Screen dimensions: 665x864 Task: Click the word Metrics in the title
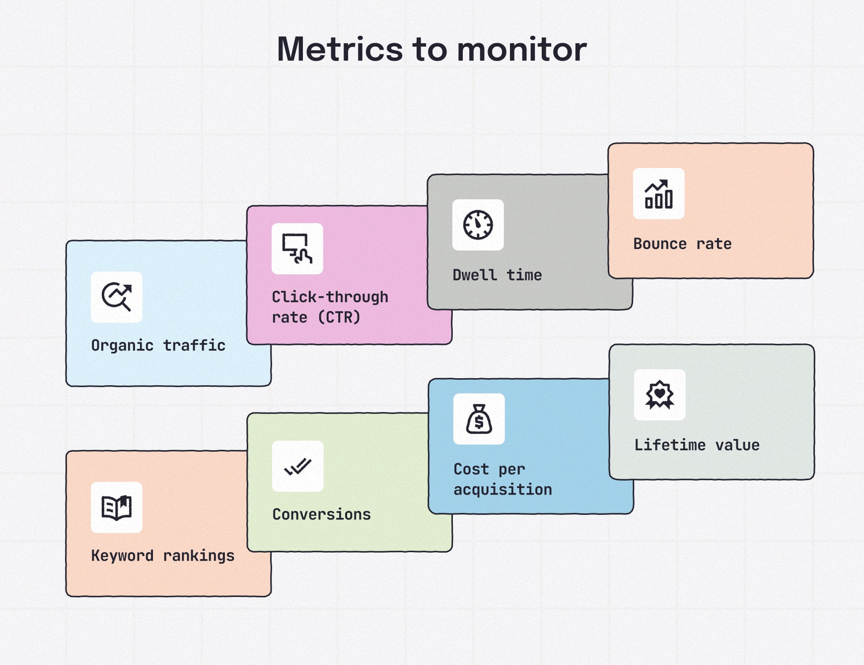coord(340,50)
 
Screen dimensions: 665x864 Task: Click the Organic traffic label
coord(158,345)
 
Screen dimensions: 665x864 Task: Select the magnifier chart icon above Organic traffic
coord(117,297)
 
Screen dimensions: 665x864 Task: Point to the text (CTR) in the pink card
coord(339,317)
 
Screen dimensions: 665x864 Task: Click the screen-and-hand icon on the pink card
coord(297,249)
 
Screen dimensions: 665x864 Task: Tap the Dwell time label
coord(497,275)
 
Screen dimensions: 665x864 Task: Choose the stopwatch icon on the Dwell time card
coord(478,225)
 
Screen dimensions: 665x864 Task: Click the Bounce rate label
coord(682,244)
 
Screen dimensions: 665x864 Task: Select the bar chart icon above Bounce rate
coord(658,194)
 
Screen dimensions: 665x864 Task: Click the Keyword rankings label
coord(163,556)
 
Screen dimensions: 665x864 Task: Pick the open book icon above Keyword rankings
coord(117,507)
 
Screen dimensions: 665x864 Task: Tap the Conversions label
coord(321,514)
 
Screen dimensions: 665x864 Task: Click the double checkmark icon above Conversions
coord(297,466)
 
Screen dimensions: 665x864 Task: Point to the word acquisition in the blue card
coord(503,490)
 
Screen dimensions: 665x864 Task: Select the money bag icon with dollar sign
coord(479,419)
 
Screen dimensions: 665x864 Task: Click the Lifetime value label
coord(697,445)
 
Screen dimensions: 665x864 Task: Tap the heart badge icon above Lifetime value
coord(659,395)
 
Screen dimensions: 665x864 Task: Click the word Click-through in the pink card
coord(330,297)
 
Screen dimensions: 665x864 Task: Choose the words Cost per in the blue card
coord(489,469)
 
